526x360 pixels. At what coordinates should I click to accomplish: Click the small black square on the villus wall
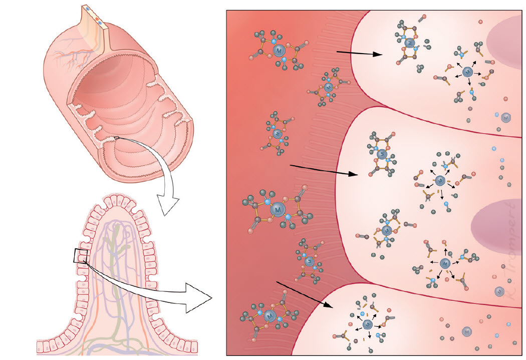[81, 256]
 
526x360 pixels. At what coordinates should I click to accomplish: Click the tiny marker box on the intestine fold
[116, 137]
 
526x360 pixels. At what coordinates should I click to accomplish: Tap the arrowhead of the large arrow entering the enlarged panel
[202, 298]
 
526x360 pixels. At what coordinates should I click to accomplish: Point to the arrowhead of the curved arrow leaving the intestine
[166, 205]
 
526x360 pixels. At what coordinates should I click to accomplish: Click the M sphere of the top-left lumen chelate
[280, 50]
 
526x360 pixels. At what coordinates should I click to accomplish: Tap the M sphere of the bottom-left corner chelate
[270, 316]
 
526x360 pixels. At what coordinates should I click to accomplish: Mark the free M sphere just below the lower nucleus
[499, 291]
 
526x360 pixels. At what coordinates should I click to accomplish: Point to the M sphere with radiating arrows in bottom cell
[367, 324]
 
